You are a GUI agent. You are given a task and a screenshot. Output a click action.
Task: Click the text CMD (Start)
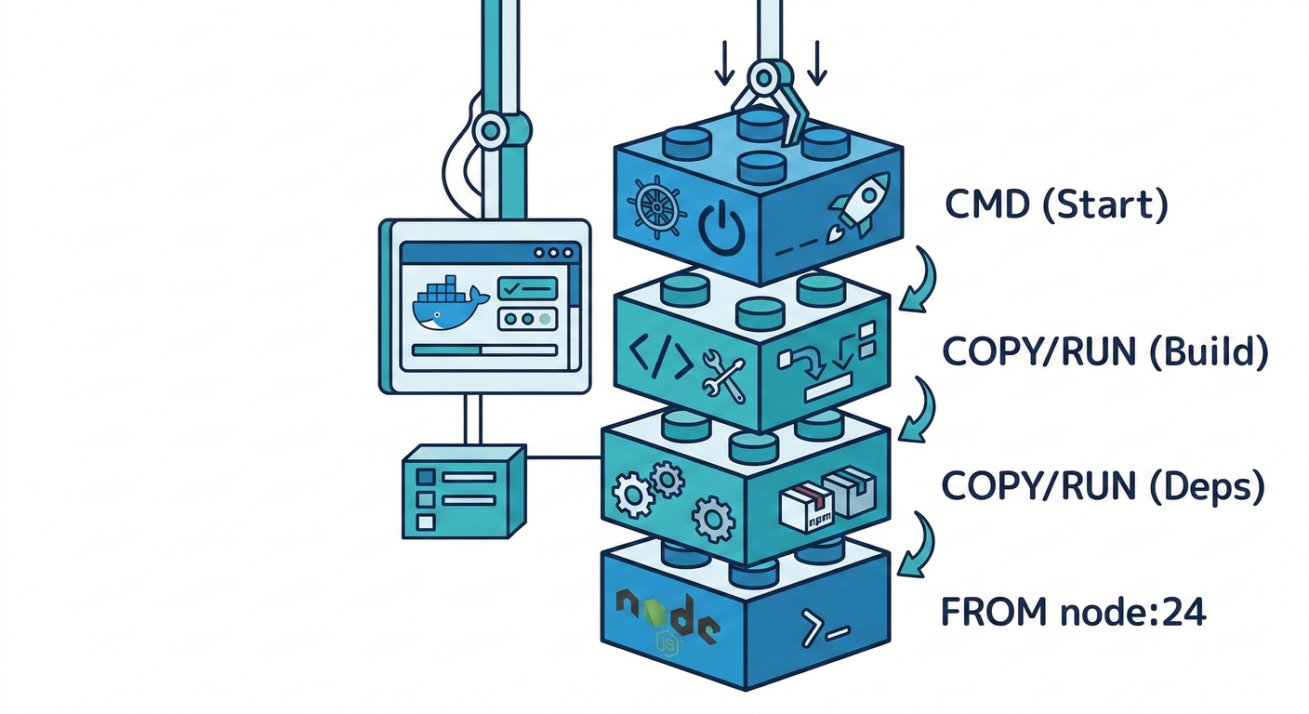[1055, 205]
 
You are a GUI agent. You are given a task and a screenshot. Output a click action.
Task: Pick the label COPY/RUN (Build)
[1104, 352]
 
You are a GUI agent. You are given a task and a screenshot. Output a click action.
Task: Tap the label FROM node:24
[1073, 613]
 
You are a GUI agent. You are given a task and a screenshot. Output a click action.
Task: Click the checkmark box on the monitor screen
[527, 289]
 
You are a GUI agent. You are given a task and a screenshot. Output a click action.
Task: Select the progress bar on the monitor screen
[483, 350]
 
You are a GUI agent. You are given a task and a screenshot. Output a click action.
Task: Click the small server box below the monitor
[462, 490]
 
